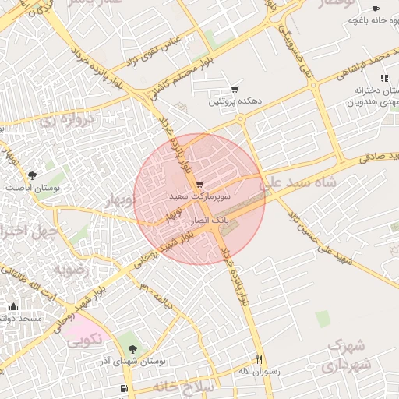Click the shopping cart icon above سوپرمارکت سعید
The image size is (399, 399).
(200, 185)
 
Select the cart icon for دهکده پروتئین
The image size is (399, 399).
(235, 90)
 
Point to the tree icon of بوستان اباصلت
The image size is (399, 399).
(32, 175)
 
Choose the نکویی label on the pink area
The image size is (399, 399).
(83, 340)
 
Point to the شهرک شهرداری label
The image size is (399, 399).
(348, 355)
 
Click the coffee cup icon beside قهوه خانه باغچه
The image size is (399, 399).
(376, 9)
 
